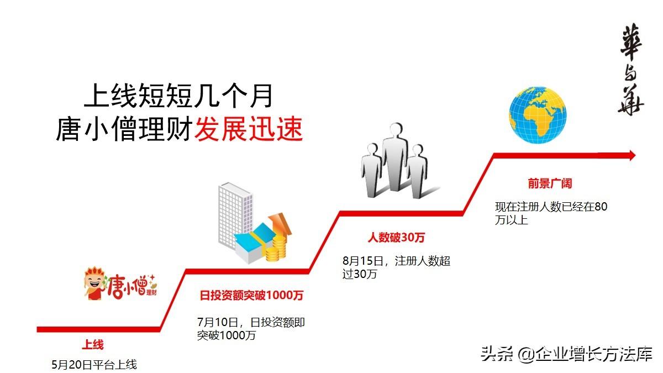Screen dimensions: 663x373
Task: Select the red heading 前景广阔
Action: [x=546, y=184]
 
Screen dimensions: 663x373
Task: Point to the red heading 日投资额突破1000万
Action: [x=251, y=296]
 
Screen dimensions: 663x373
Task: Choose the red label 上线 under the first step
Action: [x=93, y=345]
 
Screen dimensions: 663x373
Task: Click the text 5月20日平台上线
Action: [x=94, y=365]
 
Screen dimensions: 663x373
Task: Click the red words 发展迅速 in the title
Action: [x=249, y=130]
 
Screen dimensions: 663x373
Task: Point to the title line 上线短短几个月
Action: [x=178, y=96]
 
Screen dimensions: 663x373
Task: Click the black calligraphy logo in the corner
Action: [x=631, y=70]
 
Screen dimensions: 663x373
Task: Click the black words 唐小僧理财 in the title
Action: [x=124, y=130]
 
